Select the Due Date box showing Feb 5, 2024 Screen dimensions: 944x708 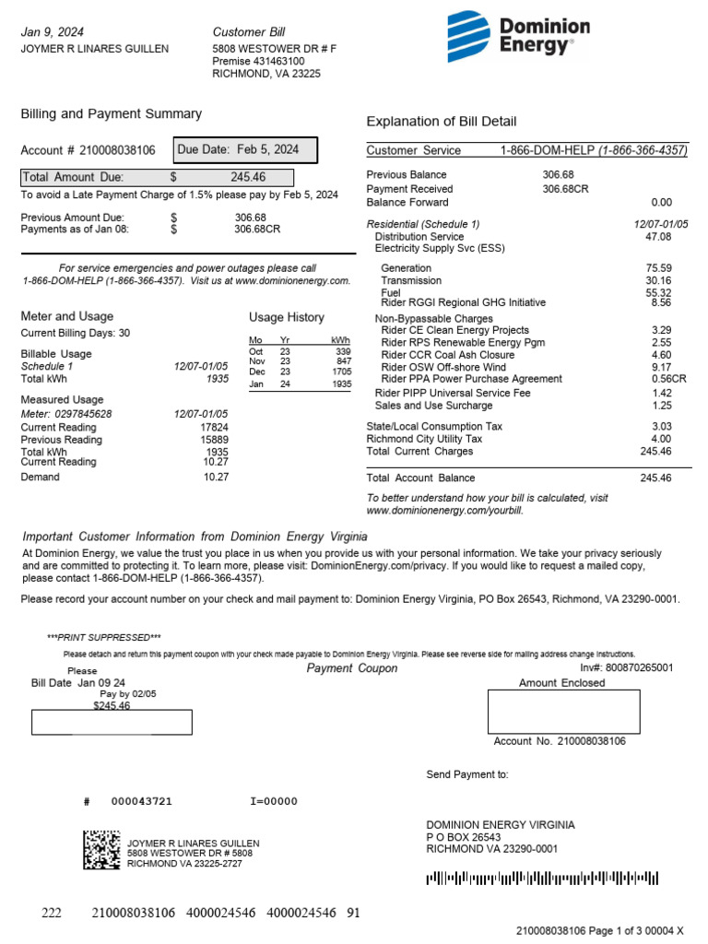point(245,149)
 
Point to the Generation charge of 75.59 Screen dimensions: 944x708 point(658,267)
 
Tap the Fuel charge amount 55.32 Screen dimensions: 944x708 point(658,292)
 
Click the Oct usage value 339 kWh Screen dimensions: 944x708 point(343,351)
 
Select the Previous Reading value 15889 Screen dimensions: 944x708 point(214,440)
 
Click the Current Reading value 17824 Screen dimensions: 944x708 point(214,427)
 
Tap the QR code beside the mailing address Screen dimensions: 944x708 point(101,850)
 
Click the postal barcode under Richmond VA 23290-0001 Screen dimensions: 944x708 point(542,879)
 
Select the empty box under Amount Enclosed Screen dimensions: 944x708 point(563,711)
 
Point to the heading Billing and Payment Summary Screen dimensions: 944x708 point(111,113)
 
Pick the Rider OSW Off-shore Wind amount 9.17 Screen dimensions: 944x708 point(661,367)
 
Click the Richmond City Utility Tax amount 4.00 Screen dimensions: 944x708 point(661,439)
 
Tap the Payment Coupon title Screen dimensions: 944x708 point(351,668)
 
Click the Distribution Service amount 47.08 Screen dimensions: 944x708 point(658,237)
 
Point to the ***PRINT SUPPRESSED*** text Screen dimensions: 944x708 point(103,637)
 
